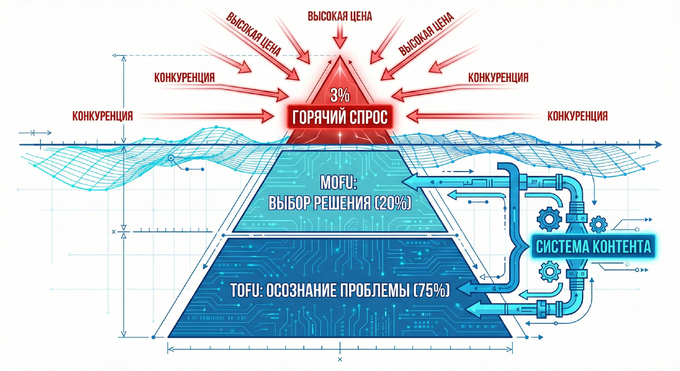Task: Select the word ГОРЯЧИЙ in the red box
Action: [318, 118]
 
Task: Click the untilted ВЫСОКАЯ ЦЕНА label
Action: [339, 16]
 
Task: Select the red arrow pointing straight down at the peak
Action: [339, 39]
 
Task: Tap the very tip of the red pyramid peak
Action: [339, 56]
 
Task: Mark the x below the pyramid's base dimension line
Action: [339, 360]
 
